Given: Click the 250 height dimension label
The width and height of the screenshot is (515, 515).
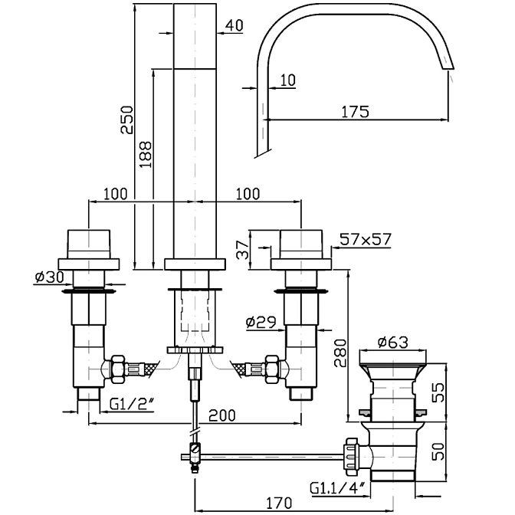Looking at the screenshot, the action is pos(127,120).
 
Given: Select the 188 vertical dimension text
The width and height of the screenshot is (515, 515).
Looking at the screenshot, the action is pos(146,154).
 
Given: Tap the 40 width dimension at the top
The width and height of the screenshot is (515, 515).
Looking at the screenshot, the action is pos(235,25).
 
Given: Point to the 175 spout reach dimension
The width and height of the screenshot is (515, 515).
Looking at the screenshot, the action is pos(355,112).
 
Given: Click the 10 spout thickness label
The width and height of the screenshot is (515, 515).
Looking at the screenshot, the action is pos(288,80).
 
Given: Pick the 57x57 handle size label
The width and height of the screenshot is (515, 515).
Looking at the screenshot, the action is pos(366,239).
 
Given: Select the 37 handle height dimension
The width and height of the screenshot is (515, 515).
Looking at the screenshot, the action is pos(243,249).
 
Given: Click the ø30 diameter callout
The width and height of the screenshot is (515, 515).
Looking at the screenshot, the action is pos(50,277).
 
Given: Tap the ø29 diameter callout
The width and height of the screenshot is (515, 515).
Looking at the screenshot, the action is pos(261,323).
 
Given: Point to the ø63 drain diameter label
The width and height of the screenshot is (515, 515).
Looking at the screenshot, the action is pos(393,343).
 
